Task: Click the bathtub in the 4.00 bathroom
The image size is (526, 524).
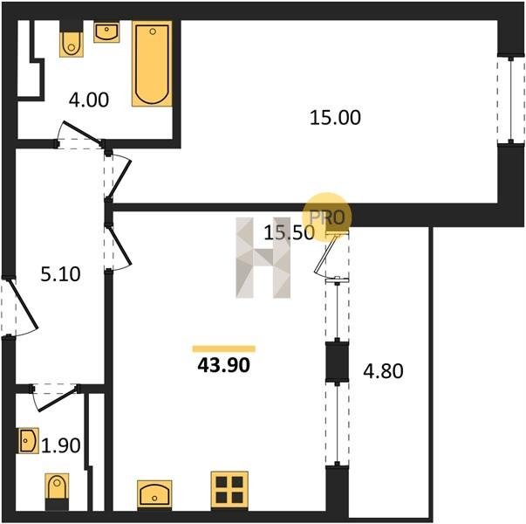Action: (x=152, y=64)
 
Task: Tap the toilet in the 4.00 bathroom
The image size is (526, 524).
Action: (x=72, y=45)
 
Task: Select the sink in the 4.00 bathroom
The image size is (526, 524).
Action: (x=106, y=32)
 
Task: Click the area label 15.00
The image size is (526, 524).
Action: (x=335, y=118)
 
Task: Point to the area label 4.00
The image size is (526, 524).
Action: (x=89, y=100)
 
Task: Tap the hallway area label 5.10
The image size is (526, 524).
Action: (x=60, y=273)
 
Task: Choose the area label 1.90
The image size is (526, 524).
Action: (x=61, y=445)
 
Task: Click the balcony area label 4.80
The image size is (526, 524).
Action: (x=384, y=371)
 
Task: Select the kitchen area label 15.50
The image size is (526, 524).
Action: (x=289, y=232)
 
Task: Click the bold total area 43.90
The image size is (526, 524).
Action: (x=224, y=365)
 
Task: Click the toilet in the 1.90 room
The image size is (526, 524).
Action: (x=57, y=491)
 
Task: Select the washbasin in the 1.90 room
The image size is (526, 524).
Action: (x=29, y=440)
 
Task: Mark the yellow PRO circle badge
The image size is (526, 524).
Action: (x=327, y=217)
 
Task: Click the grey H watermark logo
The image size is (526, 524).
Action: (x=263, y=258)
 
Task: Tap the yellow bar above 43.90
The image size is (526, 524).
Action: (x=224, y=348)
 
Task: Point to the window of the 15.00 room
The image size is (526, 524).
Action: (x=511, y=100)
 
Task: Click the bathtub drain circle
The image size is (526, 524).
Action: (x=153, y=31)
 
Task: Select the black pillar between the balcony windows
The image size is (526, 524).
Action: (x=337, y=362)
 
